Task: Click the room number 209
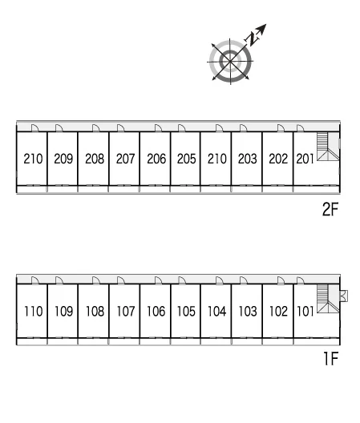click(x=63, y=159)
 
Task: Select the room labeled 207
click(x=126, y=159)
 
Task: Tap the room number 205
click(x=186, y=159)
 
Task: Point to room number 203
click(x=248, y=159)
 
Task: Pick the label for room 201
click(x=305, y=159)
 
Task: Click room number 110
click(x=34, y=312)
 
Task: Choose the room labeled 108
click(x=95, y=312)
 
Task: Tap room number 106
click(x=156, y=312)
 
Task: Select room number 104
click(x=216, y=312)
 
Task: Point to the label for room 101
click(x=305, y=312)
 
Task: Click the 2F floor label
click(x=330, y=209)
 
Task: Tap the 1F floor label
click(x=331, y=358)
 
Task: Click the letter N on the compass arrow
click(x=252, y=39)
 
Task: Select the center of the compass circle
click(x=230, y=62)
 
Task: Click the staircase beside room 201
click(x=328, y=147)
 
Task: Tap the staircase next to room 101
click(x=328, y=299)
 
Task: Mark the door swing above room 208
click(x=96, y=128)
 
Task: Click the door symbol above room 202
click(x=281, y=128)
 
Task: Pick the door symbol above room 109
click(x=59, y=280)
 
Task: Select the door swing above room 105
click(x=182, y=280)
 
